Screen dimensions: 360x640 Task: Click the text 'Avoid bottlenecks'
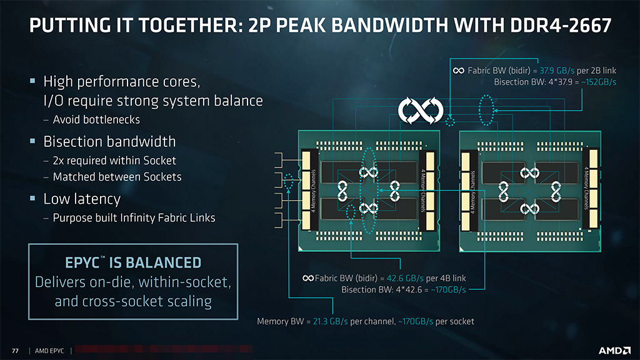coord(96,119)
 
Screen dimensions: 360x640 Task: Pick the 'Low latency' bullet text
coord(81,199)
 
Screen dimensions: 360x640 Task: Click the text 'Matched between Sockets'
coord(117,177)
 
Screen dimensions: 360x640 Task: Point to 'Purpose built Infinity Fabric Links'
coord(134,218)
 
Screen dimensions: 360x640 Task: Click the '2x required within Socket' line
coord(114,161)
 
